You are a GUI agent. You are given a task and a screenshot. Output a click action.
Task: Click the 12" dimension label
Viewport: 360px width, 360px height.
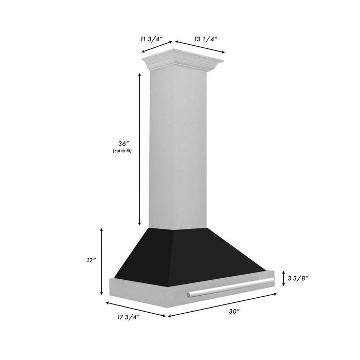tap(92, 261)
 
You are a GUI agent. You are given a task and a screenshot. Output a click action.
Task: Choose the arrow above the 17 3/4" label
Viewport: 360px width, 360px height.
tap(136, 308)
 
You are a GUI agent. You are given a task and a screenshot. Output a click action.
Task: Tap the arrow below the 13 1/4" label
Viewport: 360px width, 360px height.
tap(200, 47)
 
